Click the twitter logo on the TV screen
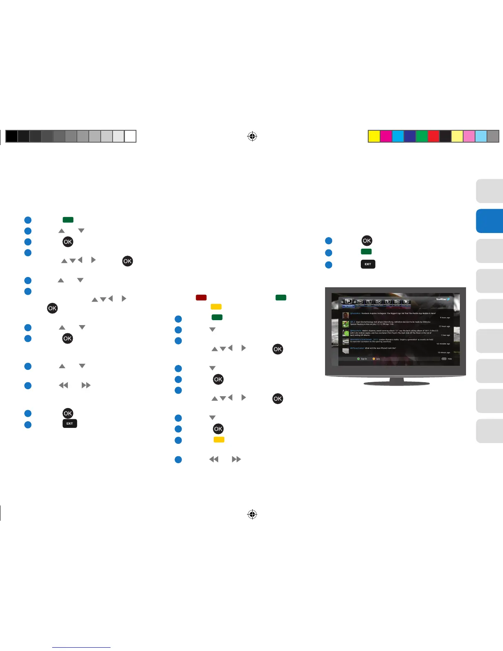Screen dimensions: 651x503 pos(443,299)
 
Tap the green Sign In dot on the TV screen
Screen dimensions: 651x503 pos(358,359)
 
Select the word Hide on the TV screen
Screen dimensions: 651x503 pos(450,359)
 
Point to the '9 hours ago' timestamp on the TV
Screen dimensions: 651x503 pos(445,318)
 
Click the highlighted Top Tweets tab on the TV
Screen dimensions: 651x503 pos(348,306)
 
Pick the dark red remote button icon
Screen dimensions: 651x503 pos(201,298)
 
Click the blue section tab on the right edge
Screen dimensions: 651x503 pos(489,221)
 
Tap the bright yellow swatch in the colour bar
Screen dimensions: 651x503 pos(374,136)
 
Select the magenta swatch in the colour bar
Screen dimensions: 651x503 pos(386,136)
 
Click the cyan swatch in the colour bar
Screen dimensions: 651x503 pos(398,136)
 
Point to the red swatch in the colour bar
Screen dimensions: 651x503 pos(434,136)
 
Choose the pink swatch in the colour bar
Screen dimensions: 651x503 pos(469,136)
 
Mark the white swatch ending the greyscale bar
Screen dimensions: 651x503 pos(130,136)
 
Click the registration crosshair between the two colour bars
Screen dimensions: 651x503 pos(252,136)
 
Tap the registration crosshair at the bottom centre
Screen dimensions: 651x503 pos(252,514)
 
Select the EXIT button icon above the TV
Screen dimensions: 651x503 pos(368,264)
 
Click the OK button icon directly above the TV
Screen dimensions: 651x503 pos(367,241)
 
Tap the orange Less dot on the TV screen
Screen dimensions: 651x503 pos(374,359)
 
